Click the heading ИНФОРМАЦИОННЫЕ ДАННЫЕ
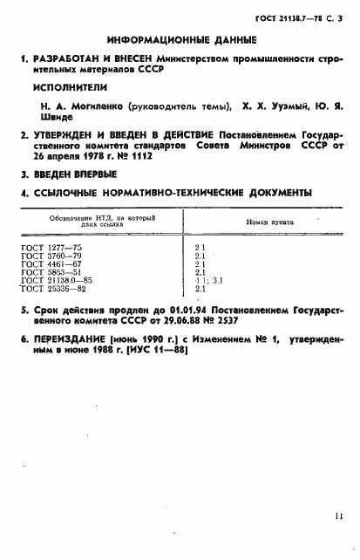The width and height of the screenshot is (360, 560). (180, 40)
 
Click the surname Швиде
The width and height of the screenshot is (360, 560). (50, 119)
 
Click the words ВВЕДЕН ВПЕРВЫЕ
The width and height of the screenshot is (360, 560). (72, 176)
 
